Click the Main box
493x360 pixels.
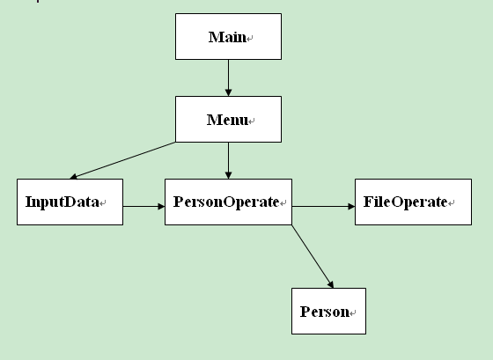(x=228, y=36)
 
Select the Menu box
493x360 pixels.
(x=228, y=119)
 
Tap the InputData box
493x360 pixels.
(x=70, y=202)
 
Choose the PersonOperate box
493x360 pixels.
(x=228, y=202)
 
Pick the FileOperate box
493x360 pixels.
(x=413, y=202)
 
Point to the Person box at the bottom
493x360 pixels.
(x=328, y=311)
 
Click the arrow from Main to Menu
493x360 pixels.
(x=229, y=78)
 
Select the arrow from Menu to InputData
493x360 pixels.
(x=122, y=160)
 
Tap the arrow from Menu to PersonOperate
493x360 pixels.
(x=229, y=161)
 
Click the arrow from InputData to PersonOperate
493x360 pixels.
(x=144, y=206)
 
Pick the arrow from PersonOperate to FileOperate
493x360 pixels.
(x=324, y=206)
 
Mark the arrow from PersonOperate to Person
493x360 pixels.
(x=313, y=256)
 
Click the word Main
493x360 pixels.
(x=227, y=37)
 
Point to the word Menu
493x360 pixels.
(x=227, y=120)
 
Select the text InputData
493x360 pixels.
(x=63, y=202)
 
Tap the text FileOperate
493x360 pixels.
(x=405, y=202)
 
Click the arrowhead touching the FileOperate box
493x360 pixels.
(x=351, y=206)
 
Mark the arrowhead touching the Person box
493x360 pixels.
(x=331, y=284)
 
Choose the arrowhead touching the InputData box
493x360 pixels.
(x=74, y=176)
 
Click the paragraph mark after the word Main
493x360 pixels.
(x=250, y=39)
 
